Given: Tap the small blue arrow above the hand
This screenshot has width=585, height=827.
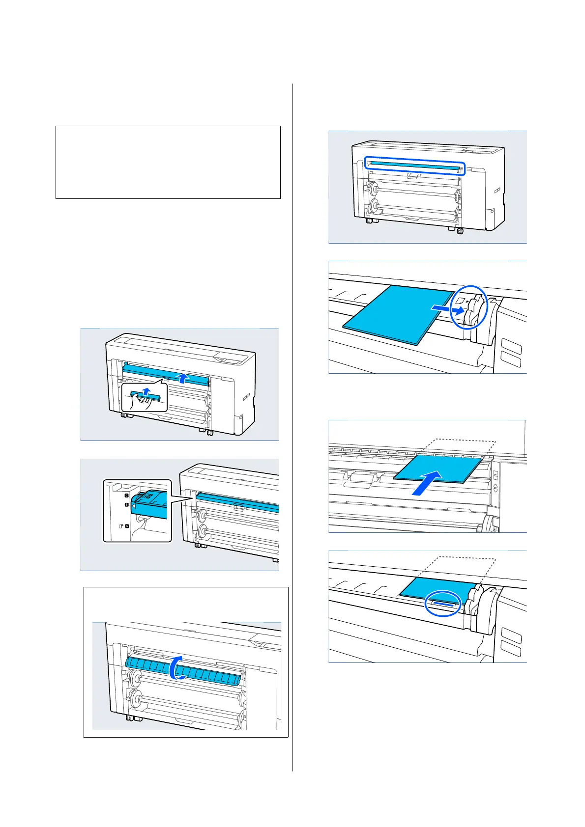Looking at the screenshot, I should (145, 391).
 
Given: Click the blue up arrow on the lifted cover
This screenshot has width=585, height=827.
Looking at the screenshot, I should (183, 377).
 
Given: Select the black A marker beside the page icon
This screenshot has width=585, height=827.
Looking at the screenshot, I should (127, 526).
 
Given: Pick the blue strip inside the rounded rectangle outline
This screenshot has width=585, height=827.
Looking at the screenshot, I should (414, 165).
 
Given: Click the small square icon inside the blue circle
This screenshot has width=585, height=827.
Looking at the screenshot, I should (460, 299).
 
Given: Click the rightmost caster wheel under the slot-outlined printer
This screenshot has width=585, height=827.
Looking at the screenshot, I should (460, 230).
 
